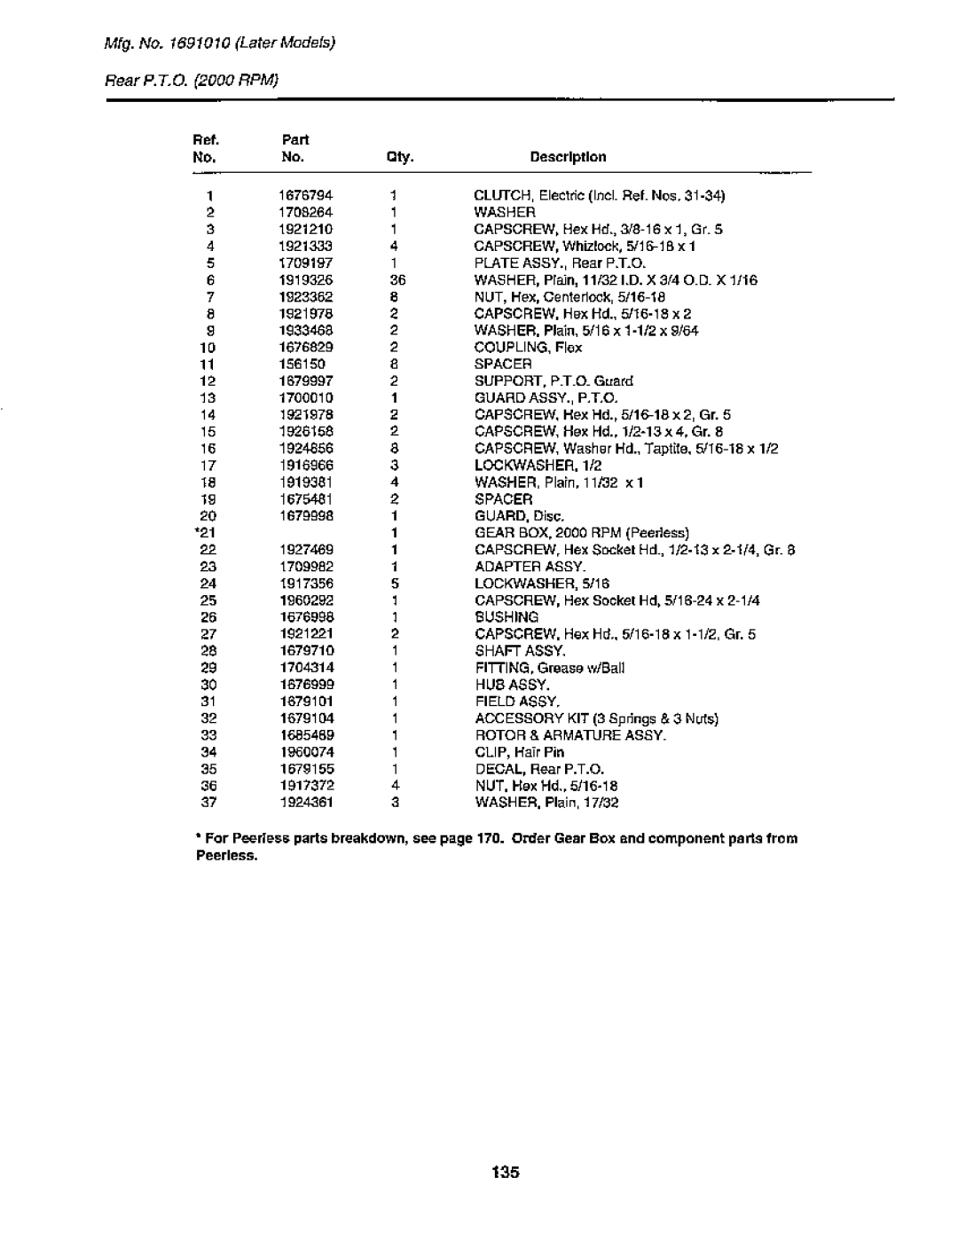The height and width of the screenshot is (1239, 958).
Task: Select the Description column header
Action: coord(568,157)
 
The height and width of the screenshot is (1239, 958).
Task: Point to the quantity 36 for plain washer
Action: coord(396,280)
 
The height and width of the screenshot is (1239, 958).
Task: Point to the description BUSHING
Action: coord(506,617)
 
